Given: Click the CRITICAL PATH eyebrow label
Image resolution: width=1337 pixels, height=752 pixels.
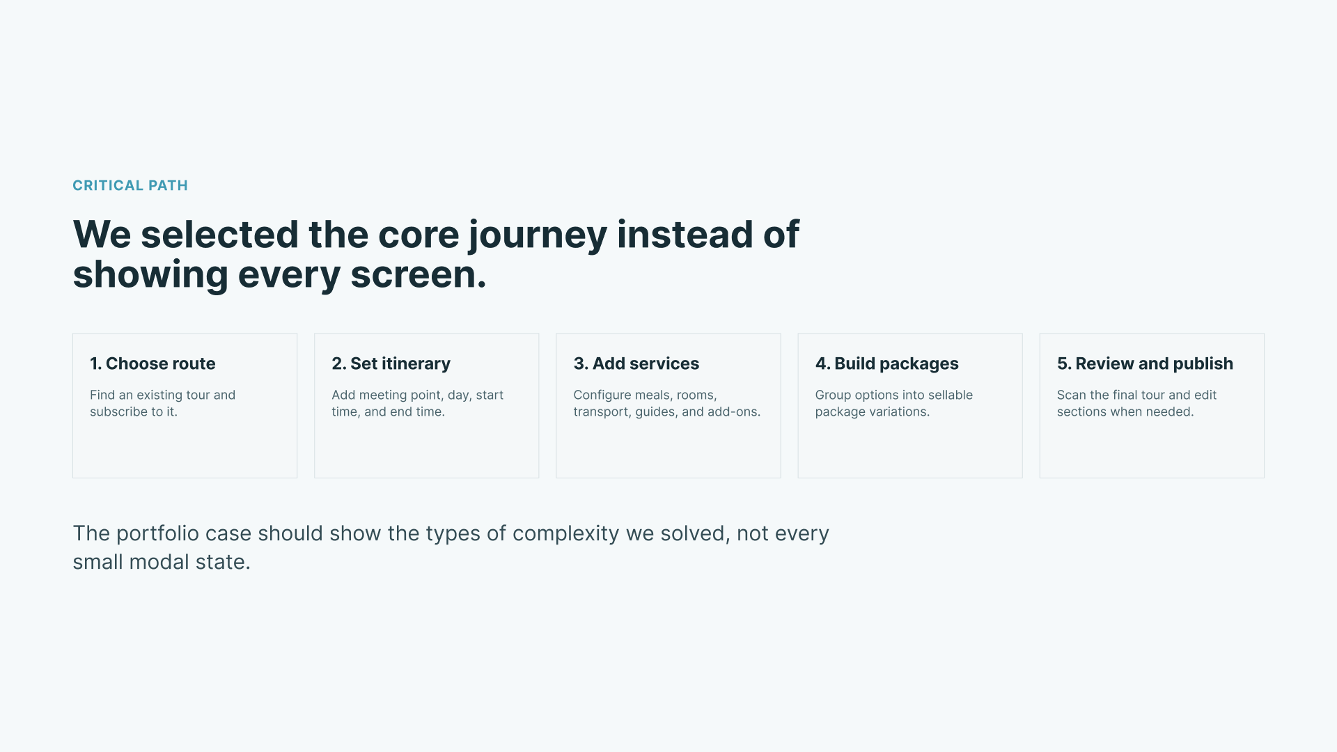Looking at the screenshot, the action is click(130, 185).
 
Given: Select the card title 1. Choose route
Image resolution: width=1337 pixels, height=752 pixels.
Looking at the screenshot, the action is click(153, 363).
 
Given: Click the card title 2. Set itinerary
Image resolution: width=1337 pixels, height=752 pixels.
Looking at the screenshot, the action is click(391, 363).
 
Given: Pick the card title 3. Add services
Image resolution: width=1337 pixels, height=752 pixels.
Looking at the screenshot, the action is click(636, 363).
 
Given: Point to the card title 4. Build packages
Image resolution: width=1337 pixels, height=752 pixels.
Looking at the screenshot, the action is click(886, 363).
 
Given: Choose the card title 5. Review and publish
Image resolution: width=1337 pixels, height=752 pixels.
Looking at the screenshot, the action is click(1145, 363).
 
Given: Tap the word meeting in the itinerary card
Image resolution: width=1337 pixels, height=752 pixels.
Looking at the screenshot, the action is click(383, 395).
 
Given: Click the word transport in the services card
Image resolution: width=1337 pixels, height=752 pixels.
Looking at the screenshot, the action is click(601, 412).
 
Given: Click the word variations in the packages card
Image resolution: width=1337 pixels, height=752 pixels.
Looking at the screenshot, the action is click(898, 412).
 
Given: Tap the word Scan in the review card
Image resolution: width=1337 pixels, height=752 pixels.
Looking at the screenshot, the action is click(1071, 395).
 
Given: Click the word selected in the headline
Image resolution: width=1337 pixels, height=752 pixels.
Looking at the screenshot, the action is click(219, 235).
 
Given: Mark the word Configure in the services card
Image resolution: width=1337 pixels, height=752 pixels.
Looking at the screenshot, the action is click(602, 395).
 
